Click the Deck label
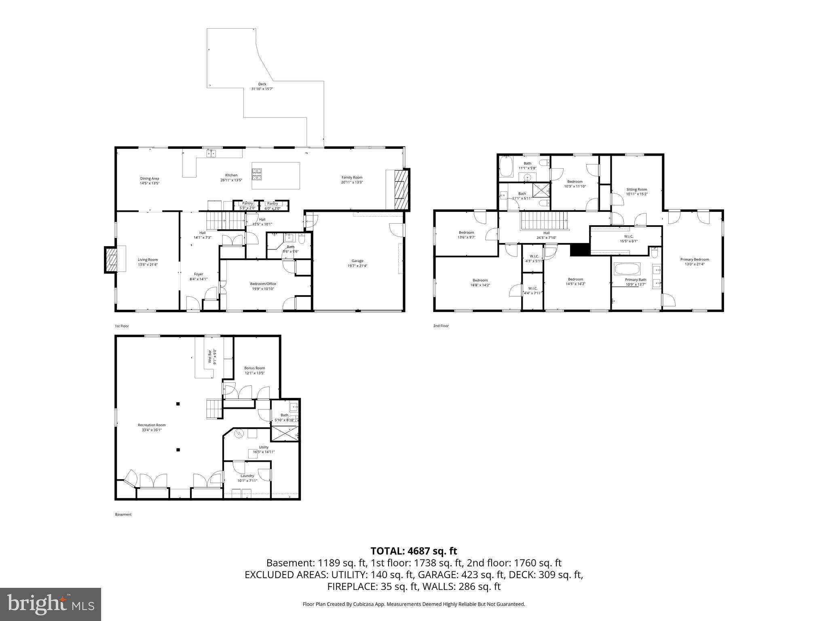(262, 84)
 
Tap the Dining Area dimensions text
(150, 183)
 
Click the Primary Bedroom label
(695, 260)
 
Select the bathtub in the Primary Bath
(627, 269)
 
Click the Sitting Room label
(637, 189)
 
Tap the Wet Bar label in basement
(210, 357)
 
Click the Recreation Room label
(152, 425)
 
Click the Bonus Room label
(254, 368)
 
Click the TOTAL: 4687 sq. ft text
(414, 551)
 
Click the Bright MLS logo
(51, 604)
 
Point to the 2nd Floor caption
(441, 326)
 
